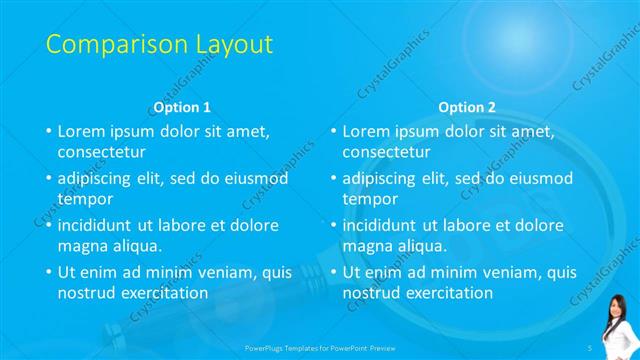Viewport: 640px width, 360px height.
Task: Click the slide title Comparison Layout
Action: coord(159,45)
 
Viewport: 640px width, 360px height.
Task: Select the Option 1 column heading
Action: coord(181,107)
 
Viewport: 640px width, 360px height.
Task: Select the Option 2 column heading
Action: coord(466,107)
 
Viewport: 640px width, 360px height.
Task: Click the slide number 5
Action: coord(591,346)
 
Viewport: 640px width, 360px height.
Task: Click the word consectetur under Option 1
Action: coord(102,152)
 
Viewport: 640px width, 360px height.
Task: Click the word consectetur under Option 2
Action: coord(387,152)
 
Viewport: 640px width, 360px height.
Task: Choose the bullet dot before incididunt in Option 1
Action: coord(48,226)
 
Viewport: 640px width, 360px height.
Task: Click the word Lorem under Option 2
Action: coord(365,131)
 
